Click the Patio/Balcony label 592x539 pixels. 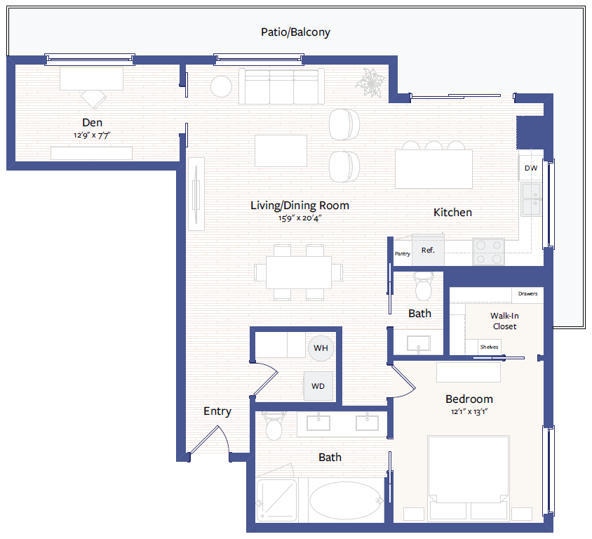point(295,32)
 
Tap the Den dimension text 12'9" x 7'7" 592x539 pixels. point(92,135)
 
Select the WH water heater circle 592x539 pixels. point(321,348)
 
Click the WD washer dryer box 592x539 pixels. point(318,386)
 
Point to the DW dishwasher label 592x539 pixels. point(531,168)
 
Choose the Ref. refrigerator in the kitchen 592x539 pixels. point(428,250)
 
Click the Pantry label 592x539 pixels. point(402,253)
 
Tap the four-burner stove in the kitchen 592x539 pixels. point(489,251)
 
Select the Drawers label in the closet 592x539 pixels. point(527,293)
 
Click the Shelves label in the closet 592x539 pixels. point(489,347)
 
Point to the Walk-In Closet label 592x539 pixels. point(504,321)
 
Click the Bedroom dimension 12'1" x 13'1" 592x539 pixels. point(469,412)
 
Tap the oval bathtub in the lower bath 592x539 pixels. point(347,500)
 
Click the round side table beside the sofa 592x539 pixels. point(221,86)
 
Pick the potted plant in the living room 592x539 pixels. point(370,82)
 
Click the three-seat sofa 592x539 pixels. point(281,86)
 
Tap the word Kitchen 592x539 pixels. point(452,212)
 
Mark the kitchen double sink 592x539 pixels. point(531,199)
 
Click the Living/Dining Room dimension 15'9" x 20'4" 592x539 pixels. point(300,218)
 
